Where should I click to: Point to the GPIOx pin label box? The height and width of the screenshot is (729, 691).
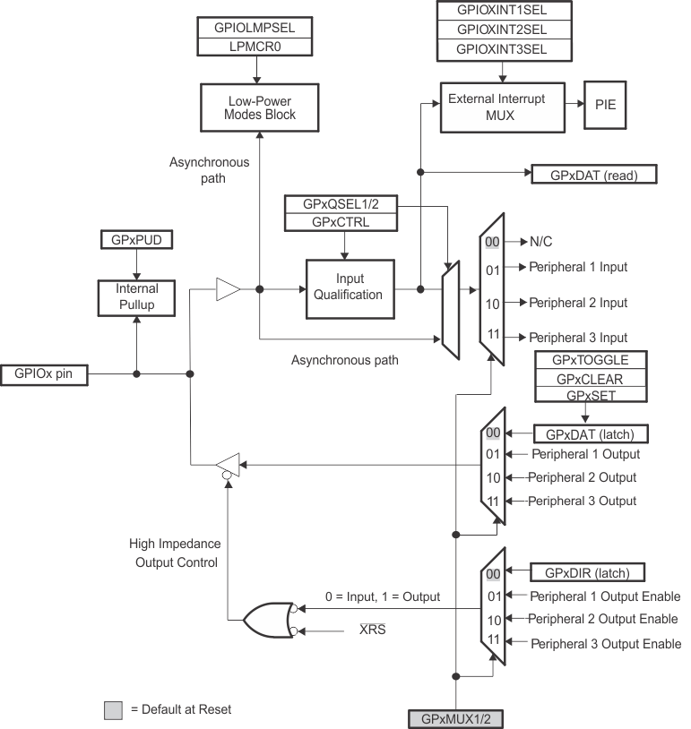(x=45, y=374)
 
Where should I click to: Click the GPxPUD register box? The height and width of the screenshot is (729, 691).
(x=135, y=240)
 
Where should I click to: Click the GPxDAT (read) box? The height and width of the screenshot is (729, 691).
(x=594, y=175)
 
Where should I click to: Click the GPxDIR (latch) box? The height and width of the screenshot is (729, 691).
(x=588, y=572)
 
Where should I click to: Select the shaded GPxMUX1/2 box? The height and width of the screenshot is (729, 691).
(x=457, y=718)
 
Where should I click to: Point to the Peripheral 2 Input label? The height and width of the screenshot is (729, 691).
(x=578, y=303)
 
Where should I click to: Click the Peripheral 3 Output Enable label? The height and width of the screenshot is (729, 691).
(x=605, y=643)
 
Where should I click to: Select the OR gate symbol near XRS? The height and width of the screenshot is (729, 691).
(x=266, y=619)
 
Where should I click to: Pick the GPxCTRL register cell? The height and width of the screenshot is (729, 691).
(x=341, y=221)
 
